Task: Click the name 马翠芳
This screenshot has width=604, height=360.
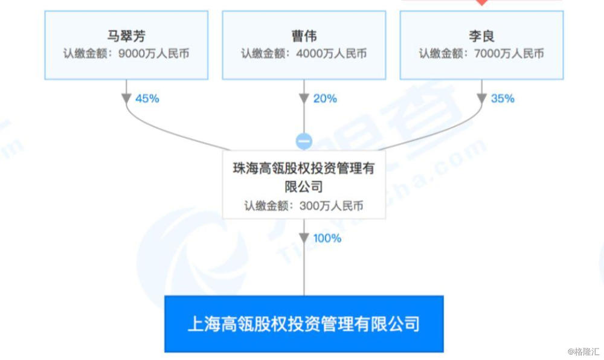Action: point(126,35)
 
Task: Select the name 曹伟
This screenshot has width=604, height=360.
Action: point(304,35)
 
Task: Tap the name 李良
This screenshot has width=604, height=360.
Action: point(481,35)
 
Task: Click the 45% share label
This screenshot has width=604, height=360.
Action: point(147,98)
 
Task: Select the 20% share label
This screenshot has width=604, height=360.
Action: point(325,98)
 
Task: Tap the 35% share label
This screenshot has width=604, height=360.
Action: point(503,98)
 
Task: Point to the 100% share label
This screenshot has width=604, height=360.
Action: point(327,239)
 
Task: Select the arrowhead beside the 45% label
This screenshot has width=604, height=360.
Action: point(127,98)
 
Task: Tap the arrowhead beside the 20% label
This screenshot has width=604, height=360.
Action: point(304,98)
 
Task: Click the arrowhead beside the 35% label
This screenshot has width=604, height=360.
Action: point(481,98)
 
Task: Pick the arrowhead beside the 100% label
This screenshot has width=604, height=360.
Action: point(304,238)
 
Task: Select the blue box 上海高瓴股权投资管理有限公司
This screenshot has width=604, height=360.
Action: point(304,324)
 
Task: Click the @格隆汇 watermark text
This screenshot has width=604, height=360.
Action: point(583,351)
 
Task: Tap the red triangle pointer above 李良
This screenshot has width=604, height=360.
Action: point(481,2)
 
